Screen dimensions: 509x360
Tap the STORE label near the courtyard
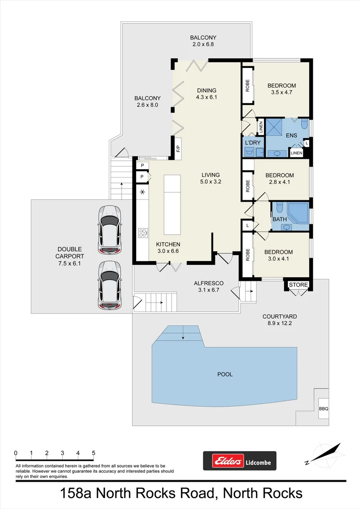coord(298,285)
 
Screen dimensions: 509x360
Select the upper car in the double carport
coord(109,229)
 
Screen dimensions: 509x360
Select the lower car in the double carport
coord(109,286)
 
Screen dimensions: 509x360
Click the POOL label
coord(225,375)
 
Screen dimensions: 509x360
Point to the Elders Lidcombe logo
coord(239,460)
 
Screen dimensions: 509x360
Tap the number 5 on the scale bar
coord(94,453)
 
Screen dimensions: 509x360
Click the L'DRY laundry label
coord(252,142)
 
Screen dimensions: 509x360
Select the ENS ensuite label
coord(286,134)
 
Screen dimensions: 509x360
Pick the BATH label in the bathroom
coord(279,219)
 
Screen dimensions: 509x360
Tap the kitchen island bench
coord(172,205)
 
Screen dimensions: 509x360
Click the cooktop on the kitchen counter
coord(142,232)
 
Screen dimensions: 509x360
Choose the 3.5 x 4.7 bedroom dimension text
coord(281,93)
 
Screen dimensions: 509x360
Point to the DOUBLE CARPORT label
coord(70,253)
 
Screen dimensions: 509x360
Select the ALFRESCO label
coord(208,283)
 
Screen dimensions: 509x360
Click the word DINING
coord(206,90)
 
